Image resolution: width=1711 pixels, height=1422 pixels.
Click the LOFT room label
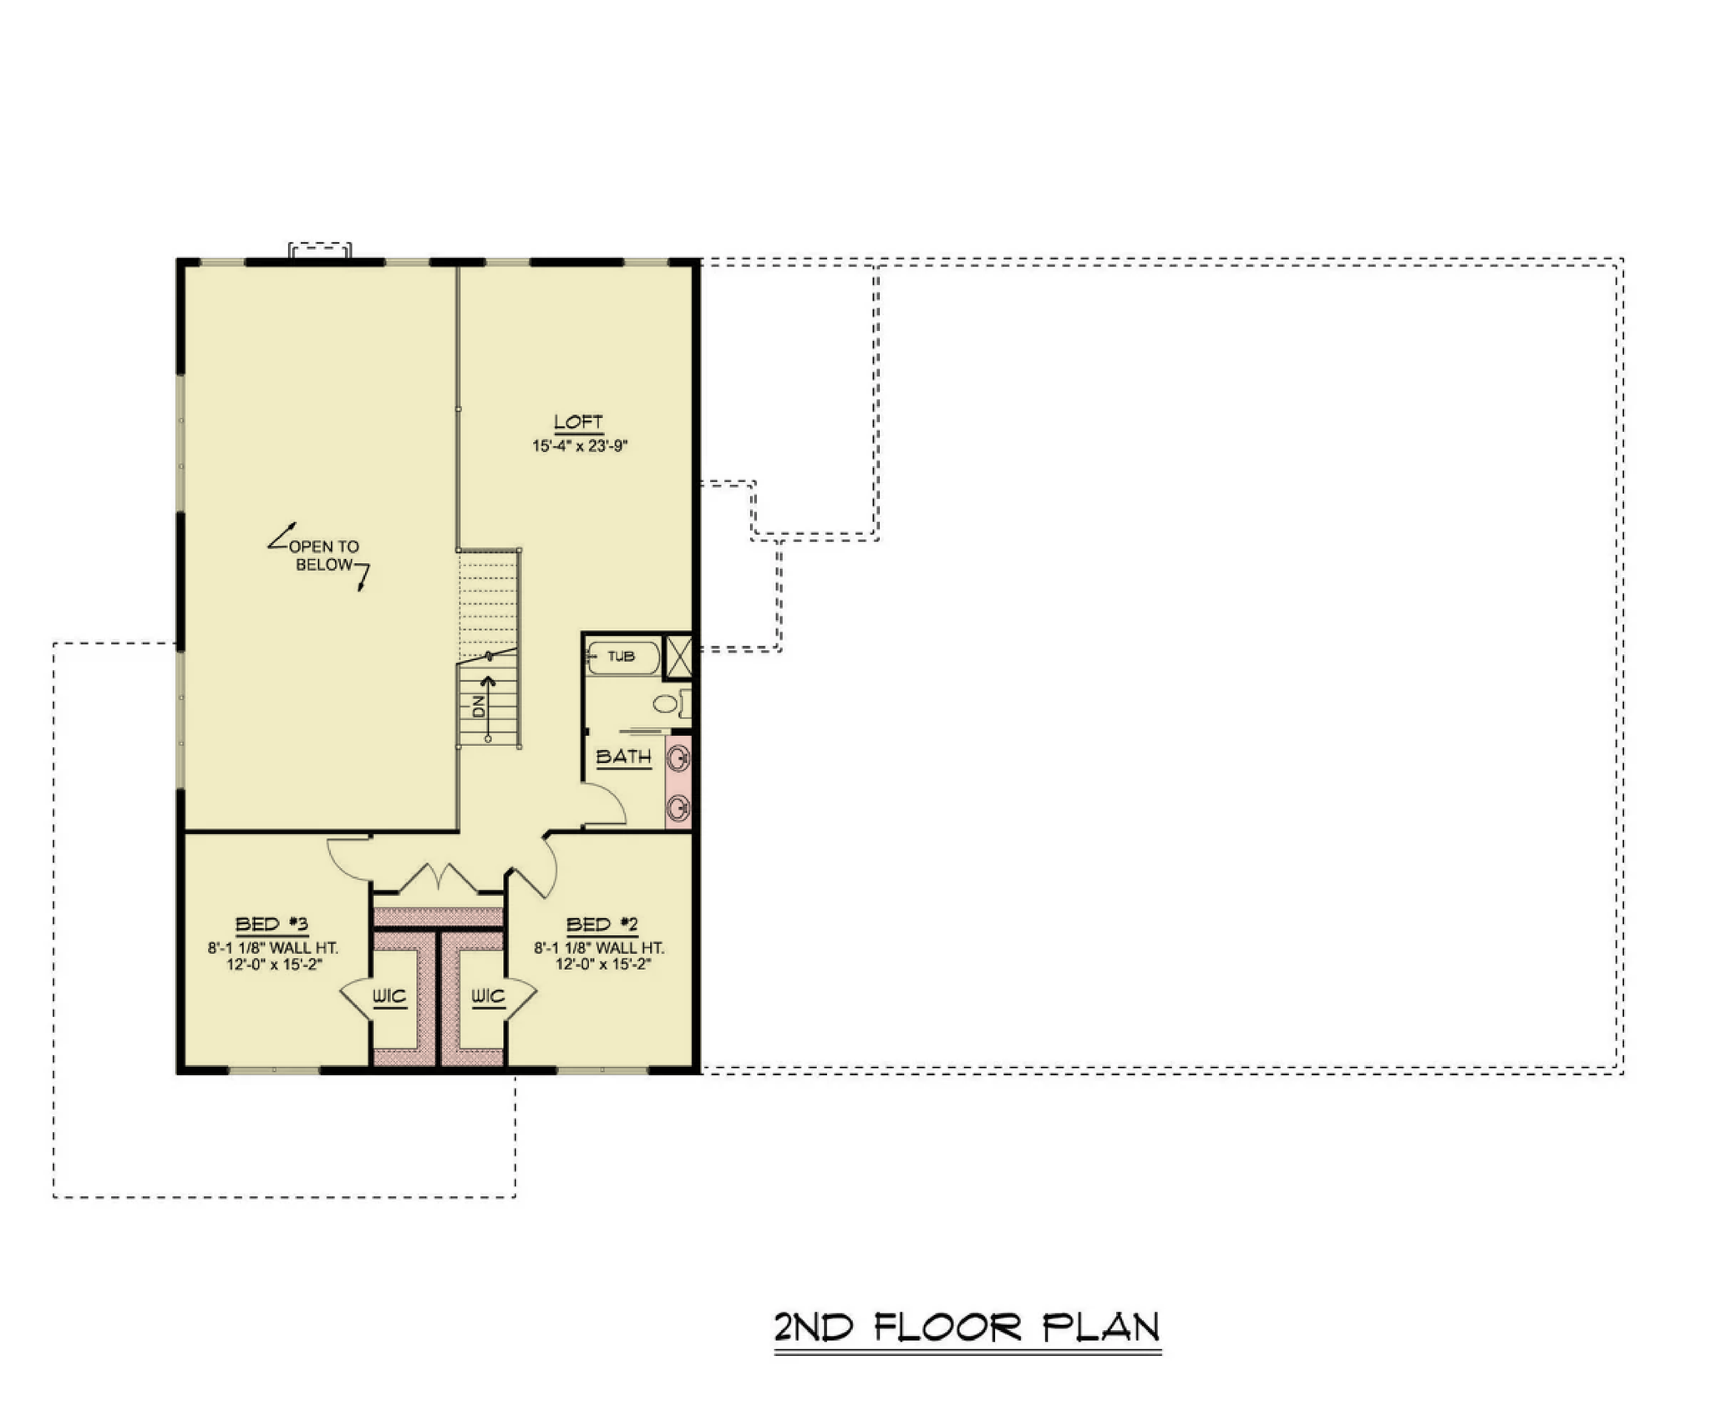(x=578, y=422)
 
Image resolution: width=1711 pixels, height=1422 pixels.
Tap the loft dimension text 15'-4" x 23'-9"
(x=580, y=446)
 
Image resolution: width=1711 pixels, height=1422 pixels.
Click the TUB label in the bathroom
(x=621, y=657)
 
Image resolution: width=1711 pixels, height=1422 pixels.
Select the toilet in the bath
(x=672, y=703)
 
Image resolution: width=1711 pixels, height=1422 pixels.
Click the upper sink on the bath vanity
(x=680, y=759)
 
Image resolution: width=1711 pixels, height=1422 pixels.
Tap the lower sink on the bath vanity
(x=680, y=808)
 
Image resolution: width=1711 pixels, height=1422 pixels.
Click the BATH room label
(x=623, y=757)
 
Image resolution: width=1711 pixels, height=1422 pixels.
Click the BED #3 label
(x=272, y=924)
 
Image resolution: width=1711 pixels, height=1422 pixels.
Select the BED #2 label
(x=602, y=924)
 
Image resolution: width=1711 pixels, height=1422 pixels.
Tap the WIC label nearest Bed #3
(x=389, y=996)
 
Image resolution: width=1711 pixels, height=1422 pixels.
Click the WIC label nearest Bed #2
(x=488, y=996)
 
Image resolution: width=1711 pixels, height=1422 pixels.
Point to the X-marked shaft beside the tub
(x=678, y=656)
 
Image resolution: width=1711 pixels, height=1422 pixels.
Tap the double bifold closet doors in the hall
(x=438, y=878)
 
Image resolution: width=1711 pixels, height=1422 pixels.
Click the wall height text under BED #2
(x=600, y=948)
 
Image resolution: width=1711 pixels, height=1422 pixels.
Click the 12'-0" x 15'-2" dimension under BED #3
(x=273, y=964)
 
